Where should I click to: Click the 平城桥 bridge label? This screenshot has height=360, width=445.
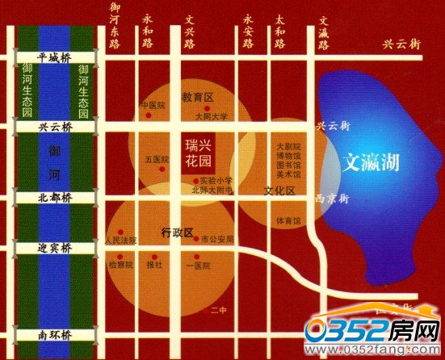(55, 57)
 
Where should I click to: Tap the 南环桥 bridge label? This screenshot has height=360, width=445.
(55, 333)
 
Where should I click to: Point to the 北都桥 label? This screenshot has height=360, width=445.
(55, 197)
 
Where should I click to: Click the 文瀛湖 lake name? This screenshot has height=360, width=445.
(370, 161)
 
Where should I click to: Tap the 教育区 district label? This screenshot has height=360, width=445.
(196, 97)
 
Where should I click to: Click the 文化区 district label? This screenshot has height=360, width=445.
(279, 190)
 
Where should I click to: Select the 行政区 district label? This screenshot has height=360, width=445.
(178, 233)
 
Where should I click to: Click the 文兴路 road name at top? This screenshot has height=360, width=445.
(189, 30)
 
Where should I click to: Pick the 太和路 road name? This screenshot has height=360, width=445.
(279, 30)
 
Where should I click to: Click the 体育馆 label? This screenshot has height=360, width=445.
(288, 220)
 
